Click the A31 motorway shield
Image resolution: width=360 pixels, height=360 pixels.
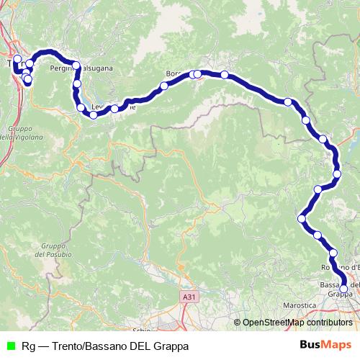tap(189, 297)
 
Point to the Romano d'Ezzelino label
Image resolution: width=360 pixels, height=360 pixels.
tap(339, 267)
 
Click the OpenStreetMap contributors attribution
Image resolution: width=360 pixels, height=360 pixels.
tap(297, 323)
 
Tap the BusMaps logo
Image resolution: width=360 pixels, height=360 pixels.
tap(325, 346)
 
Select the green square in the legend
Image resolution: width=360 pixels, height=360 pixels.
tap(9, 346)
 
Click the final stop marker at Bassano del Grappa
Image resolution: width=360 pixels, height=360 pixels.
tap(344, 289)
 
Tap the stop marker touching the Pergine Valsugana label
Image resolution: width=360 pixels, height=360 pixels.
tap(76, 66)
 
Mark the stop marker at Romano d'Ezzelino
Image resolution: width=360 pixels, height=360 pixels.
tap(333, 253)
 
